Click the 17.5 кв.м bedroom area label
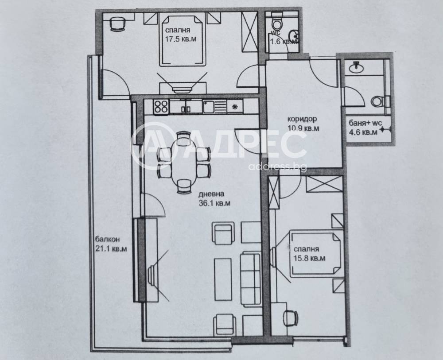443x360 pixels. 181,39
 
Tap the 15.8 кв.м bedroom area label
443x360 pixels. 309,258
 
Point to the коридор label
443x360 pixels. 302,119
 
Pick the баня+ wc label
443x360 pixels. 365,123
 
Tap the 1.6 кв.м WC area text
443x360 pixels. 284,42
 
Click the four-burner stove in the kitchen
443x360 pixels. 161,107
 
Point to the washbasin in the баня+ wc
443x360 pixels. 356,67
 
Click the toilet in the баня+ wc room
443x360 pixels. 380,101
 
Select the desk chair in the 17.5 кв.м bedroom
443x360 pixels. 117,24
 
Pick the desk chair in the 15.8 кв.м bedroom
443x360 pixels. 290,318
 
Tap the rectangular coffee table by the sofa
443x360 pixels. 223,279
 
